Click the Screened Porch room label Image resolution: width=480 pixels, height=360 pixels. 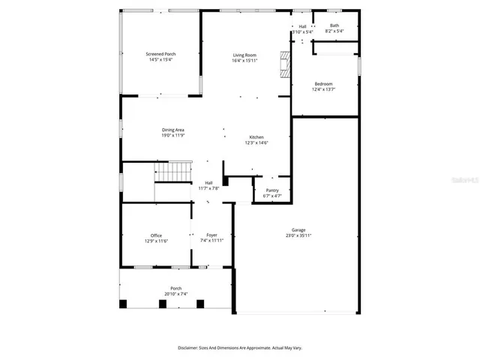[161, 54]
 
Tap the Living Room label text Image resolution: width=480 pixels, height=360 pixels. [244, 54]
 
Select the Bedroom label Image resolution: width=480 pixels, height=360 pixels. [323, 83]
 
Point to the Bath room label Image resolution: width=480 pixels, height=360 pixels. [334, 25]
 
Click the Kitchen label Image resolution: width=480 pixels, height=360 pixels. [256, 137]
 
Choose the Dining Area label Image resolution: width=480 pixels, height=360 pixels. [173, 130]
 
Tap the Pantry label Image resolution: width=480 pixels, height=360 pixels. [272, 190]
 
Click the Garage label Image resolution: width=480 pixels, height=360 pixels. [298, 229]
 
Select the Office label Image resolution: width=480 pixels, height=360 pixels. [156, 235]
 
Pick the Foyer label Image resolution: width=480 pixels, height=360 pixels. [212, 235]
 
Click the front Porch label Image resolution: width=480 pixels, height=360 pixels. [176, 288]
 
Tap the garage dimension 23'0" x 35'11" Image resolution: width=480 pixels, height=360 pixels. [298, 235]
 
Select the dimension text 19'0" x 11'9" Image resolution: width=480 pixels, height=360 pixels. [173, 136]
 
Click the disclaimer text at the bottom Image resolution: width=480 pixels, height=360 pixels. [239, 347]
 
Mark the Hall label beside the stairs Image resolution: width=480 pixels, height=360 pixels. [208, 182]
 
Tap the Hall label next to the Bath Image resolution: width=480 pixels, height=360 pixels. [302, 26]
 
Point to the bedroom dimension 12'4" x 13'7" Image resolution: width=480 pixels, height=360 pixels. [323, 89]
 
